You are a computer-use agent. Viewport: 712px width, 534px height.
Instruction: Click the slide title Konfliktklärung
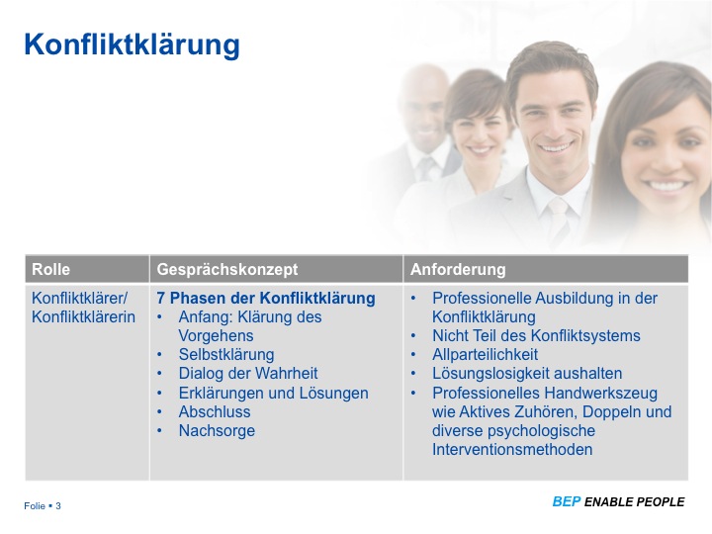(132, 44)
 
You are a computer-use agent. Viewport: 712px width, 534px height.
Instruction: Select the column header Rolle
(51, 269)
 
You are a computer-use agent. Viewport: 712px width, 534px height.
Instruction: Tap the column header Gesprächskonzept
(226, 269)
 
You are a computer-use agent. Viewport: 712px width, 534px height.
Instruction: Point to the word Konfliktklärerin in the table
(83, 317)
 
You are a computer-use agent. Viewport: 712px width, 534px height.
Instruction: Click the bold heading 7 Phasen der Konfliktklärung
(265, 298)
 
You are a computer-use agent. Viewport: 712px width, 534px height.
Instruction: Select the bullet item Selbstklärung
(225, 355)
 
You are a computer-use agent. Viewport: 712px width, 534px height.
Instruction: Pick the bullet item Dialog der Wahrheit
(247, 374)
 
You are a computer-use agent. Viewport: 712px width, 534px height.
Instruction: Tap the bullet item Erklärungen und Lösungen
(273, 393)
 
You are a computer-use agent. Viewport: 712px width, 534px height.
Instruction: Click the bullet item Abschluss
(215, 411)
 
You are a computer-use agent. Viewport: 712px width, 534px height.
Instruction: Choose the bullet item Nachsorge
(217, 430)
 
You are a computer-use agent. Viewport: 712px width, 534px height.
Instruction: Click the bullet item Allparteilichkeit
(485, 355)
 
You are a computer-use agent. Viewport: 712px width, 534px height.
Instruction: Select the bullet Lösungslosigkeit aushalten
(527, 374)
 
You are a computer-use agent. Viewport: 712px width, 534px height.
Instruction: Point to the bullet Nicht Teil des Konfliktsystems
(536, 336)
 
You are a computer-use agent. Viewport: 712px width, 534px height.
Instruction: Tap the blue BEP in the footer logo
(566, 502)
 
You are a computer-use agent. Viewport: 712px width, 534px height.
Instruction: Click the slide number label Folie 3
(43, 506)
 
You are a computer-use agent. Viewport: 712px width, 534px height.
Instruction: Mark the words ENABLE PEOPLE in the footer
(634, 502)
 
